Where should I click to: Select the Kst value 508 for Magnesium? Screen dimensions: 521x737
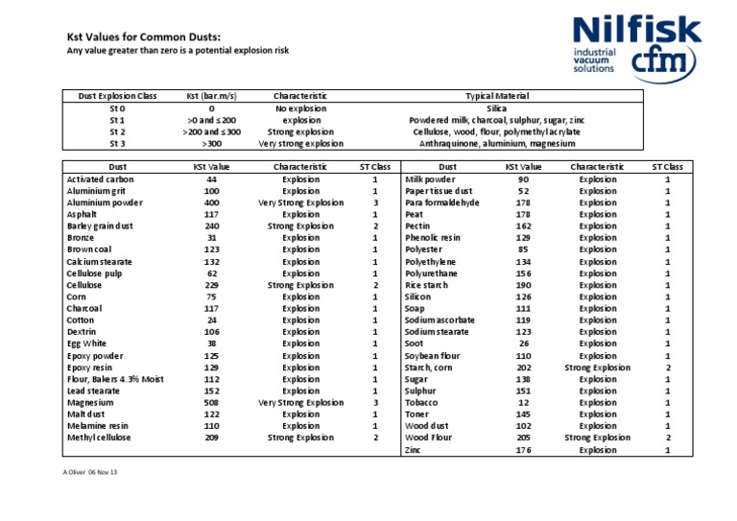(x=212, y=403)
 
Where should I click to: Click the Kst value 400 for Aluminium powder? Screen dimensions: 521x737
(x=212, y=203)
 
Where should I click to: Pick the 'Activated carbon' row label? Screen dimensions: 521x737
(x=101, y=179)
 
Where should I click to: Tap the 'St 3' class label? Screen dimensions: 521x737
(x=117, y=144)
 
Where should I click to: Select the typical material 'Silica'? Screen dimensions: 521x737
(x=497, y=108)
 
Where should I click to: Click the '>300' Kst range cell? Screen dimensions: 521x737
(x=211, y=144)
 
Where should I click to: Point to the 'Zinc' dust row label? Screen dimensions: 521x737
(x=413, y=450)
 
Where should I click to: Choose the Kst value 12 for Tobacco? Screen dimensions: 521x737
(x=523, y=403)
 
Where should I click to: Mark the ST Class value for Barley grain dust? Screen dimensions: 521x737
(x=375, y=226)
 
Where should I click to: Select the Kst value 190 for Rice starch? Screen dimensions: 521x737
(x=523, y=285)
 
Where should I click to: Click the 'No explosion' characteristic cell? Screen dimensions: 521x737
(x=300, y=108)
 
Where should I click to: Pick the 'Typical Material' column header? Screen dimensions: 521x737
(x=496, y=96)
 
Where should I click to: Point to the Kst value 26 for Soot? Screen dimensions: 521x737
(x=523, y=343)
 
